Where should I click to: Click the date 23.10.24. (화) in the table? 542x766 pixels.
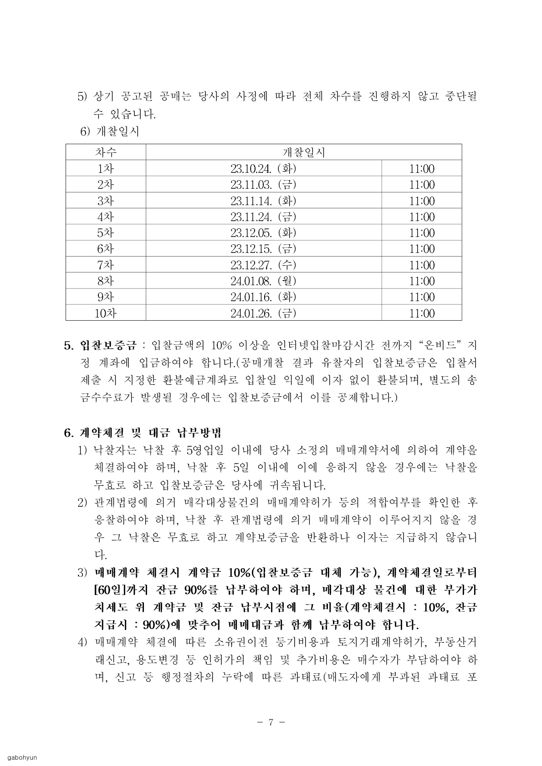tap(263, 169)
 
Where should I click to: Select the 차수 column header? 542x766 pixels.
tap(106, 152)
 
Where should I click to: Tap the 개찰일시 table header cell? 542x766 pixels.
tap(303, 152)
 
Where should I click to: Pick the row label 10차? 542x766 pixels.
tap(106, 313)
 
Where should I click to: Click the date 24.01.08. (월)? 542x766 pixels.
tap(263, 281)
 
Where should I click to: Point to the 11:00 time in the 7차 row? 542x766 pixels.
tap(421, 265)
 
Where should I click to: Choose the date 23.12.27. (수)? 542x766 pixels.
tap(263, 265)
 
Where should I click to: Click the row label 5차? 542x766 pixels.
tap(106, 233)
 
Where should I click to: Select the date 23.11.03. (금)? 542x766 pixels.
tap(263, 185)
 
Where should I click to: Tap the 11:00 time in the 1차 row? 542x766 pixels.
tap(421, 169)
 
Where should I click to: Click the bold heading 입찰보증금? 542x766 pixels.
tap(108, 345)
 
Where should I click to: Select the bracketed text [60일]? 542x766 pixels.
tap(107, 590)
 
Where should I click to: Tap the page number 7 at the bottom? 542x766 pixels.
tap(271, 722)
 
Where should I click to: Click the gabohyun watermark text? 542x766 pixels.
tap(21, 757)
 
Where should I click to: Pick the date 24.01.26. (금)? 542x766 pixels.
tap(263, 313)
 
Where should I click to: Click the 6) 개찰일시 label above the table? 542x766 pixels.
tap(109, 132)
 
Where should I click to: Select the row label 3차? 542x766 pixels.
tap(106, 201)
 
